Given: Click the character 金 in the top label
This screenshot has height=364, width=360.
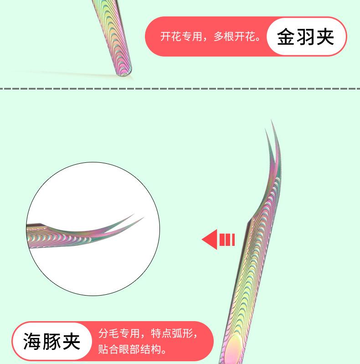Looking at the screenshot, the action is (x=286, y=37).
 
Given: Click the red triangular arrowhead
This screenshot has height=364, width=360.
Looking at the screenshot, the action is (x=209, y=239).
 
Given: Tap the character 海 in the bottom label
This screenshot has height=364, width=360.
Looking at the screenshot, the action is (x=32, y=341).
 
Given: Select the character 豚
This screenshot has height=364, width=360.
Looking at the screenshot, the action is (x=52, y=341).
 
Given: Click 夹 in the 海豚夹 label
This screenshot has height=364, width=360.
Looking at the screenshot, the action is (x=72, y=341).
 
